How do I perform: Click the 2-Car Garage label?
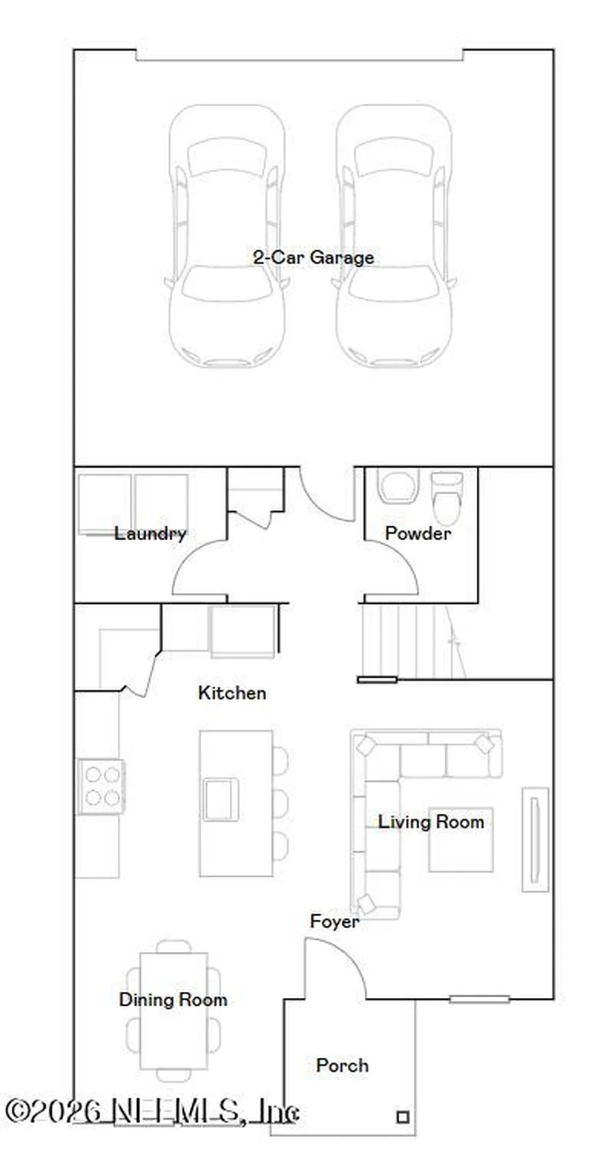313,257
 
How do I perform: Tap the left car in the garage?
226,236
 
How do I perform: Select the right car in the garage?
394,236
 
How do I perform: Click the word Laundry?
150,533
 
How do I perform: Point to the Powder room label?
418,533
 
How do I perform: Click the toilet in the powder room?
447,498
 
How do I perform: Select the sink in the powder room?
397,486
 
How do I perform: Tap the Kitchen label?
232,693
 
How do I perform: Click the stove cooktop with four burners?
101,786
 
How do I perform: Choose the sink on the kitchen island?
221,800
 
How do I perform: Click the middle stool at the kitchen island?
280,803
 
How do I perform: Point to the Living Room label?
431,822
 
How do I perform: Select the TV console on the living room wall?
535,840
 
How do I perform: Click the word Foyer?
334,921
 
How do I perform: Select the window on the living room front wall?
479,999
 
